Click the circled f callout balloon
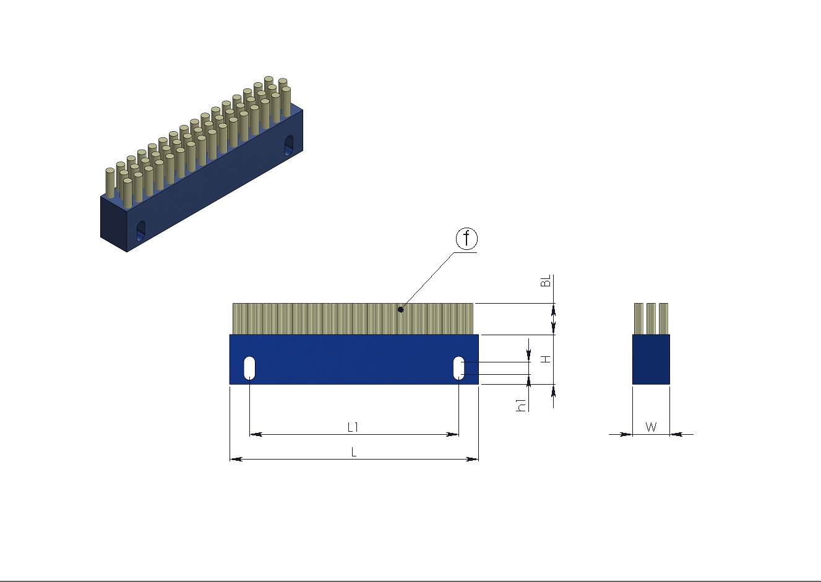click(466, 239)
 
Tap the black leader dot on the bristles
click(401, 310)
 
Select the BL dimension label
click(546, 281)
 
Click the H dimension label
click(546, 359)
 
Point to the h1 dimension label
click(521, 406)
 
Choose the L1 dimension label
click(353, 427)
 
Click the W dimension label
click(651, 427)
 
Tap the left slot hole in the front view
click(249, 368)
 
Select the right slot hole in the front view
click(459, 368)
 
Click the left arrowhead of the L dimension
click(236, 459)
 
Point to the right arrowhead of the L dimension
click(472, 459)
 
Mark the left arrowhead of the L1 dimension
click(256, 435)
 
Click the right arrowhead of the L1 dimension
click(452, 435)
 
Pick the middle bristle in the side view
click(651, 319)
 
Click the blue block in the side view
click(651, 359)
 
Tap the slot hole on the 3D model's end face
click(140, 231)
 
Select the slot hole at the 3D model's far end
click(289, 145)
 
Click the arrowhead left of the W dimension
click(626, 435)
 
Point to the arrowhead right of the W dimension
click(676, 435)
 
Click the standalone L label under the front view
click(354, 452)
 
